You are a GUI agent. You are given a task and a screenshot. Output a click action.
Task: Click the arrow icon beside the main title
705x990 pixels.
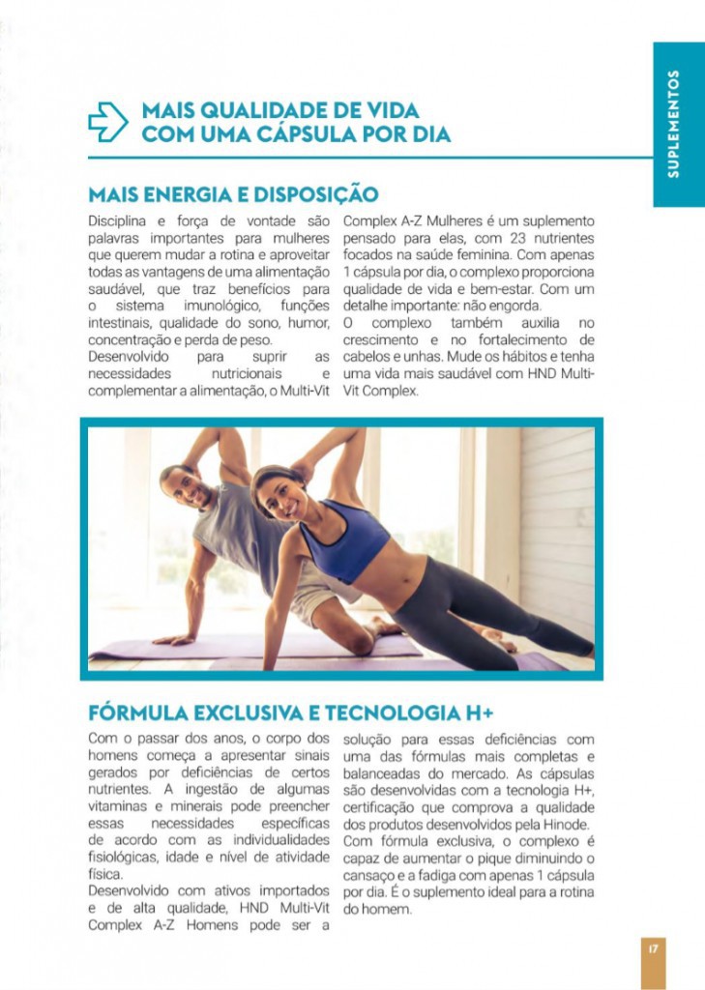tap(107, 122)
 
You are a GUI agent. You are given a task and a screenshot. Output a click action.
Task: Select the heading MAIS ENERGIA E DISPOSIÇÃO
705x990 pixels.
tap(233, 193)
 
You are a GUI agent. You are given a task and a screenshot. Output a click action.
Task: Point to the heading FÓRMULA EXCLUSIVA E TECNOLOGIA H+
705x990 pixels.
tap(291, 713)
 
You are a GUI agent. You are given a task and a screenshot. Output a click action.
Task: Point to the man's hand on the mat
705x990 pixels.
tap(171, 639)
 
